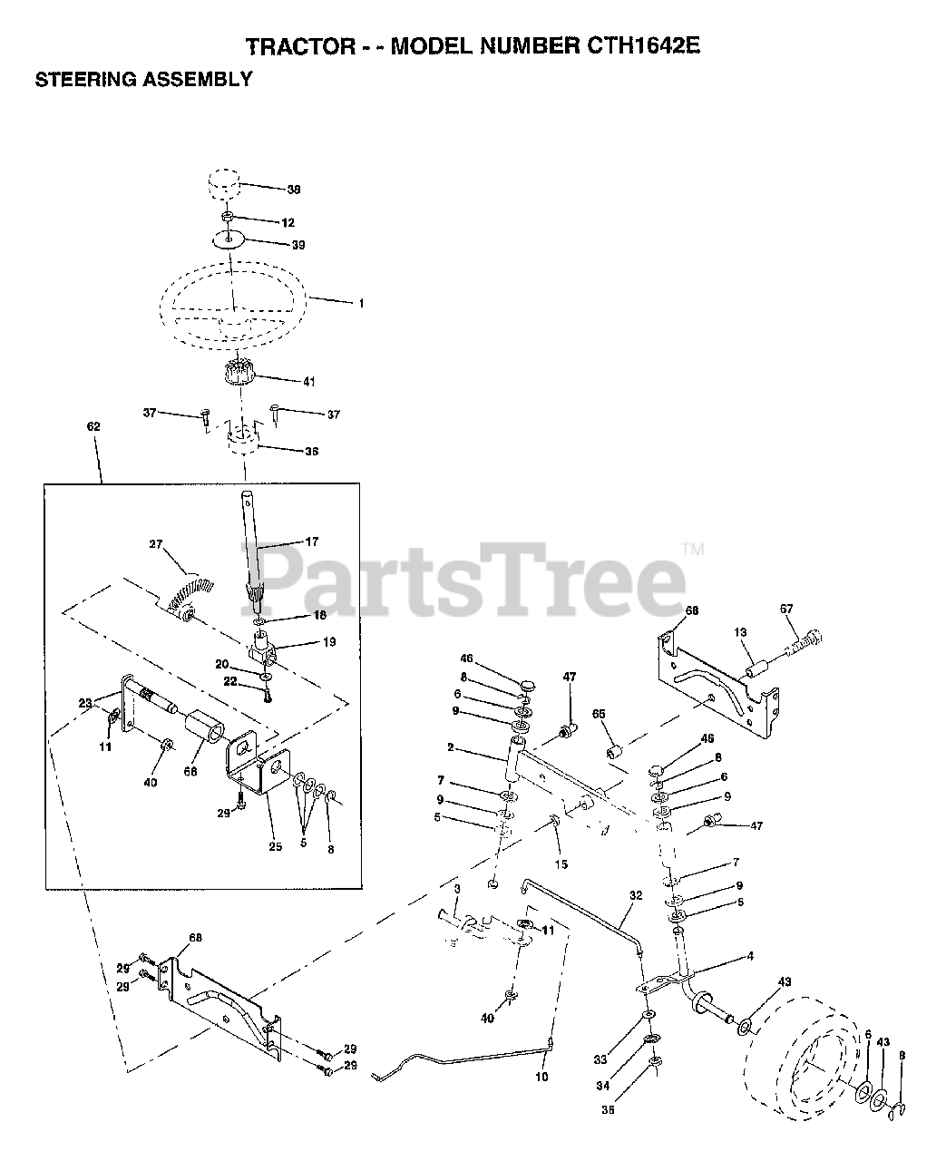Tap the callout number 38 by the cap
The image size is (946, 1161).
pyautogui.click(x=293, y=190)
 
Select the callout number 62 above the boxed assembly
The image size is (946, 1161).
pyautogui.click(x=93, y=425)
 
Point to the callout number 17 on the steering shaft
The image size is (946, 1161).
pyautogui.click(x=311, y=542)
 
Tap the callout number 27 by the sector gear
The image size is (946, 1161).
pyautogui.click(x=156, y=544)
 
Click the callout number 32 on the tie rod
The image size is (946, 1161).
pyautogui.click(x=636, y=895)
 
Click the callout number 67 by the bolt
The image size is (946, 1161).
pyautogui.click(x=785, y=609)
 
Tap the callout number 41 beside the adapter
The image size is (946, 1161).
pyautogui.click(x=308, y=382)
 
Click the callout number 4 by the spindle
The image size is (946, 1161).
pyautogui.click(x=750, y=956)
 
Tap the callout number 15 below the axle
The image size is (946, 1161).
pyautogui.click(x=561, y=864)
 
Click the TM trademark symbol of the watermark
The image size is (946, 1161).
pyautogui.click(x=692, y=549)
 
